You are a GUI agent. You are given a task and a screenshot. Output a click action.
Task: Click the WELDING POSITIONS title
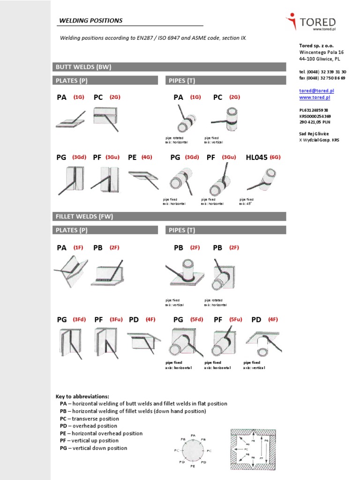coord(90,21)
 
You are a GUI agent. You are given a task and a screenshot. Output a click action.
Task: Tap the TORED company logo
coord(311,22)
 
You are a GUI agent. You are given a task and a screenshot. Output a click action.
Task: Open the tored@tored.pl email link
coord(316,90)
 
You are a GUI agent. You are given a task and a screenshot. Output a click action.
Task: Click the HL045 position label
coord(256,158)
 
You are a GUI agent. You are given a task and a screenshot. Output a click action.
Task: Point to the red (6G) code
coord(275,158)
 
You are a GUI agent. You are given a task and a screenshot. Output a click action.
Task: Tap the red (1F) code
coord(78,248)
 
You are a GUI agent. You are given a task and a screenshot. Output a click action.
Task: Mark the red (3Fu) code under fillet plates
coord(116,320)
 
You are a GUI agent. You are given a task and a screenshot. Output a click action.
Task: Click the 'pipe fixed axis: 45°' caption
coord(247,202)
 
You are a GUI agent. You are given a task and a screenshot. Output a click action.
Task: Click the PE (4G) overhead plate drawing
coord(143,179)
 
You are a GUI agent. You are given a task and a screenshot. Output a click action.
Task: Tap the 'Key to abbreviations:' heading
coord(82,396)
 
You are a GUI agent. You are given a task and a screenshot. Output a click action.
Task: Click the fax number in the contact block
coord(322,78)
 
